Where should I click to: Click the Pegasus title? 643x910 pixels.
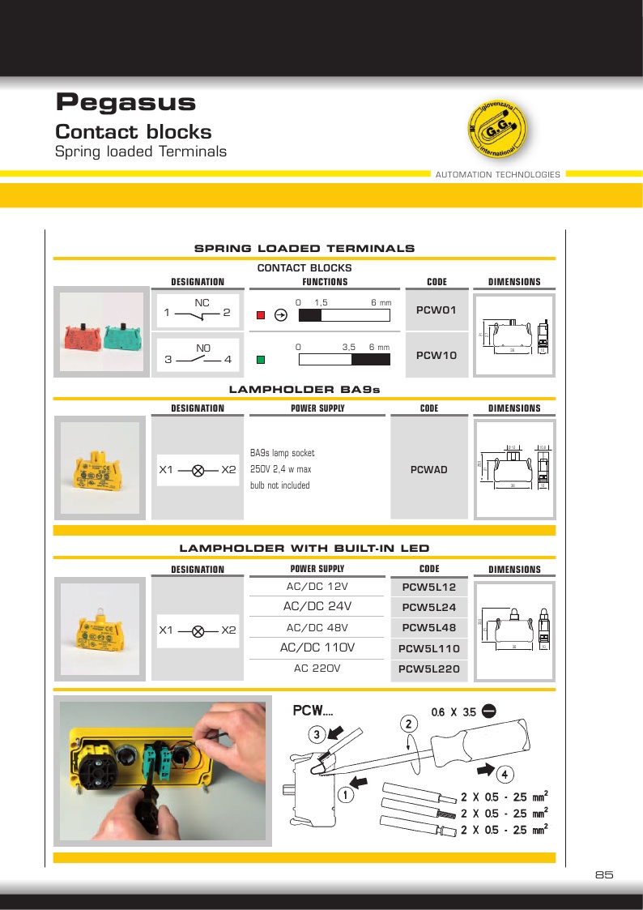point(126,103)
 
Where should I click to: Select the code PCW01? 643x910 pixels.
point(436,310)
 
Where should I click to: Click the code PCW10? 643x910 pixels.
point(436,356)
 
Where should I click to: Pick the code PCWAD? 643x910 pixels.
point(429,469)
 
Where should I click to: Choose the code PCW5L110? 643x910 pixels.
point(430,649)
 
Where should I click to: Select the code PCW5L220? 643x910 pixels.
point(430,669)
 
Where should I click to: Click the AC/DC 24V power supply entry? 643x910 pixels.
point(317,606)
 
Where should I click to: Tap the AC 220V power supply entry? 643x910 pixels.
point(317,669)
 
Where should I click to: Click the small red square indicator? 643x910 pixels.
point(261,315)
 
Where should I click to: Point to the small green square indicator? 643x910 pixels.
point(261,360)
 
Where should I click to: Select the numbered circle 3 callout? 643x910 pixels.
point(317,735)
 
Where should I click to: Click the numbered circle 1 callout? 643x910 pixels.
point(345,795)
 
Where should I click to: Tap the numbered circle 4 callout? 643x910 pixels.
point(505,775)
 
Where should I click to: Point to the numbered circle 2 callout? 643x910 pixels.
point(410,723)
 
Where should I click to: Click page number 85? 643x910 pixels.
point(604,875)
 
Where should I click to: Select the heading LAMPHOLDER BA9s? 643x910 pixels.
point(304,390)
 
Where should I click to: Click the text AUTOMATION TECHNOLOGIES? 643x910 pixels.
point(497,175)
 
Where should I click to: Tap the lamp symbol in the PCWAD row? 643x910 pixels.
point(198,469)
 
